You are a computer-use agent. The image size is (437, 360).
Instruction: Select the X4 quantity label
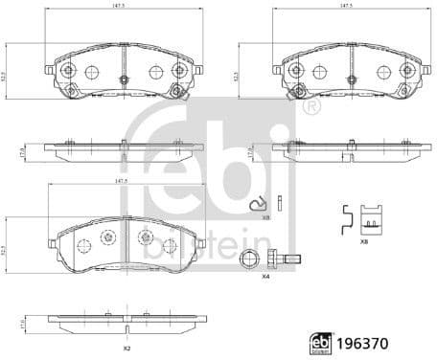coord(265,276)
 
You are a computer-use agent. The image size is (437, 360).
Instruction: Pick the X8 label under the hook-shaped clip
coord(266,218)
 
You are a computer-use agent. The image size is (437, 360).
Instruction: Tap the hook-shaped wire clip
coord(256,204)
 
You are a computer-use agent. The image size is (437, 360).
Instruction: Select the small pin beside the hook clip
coord(277,202)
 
